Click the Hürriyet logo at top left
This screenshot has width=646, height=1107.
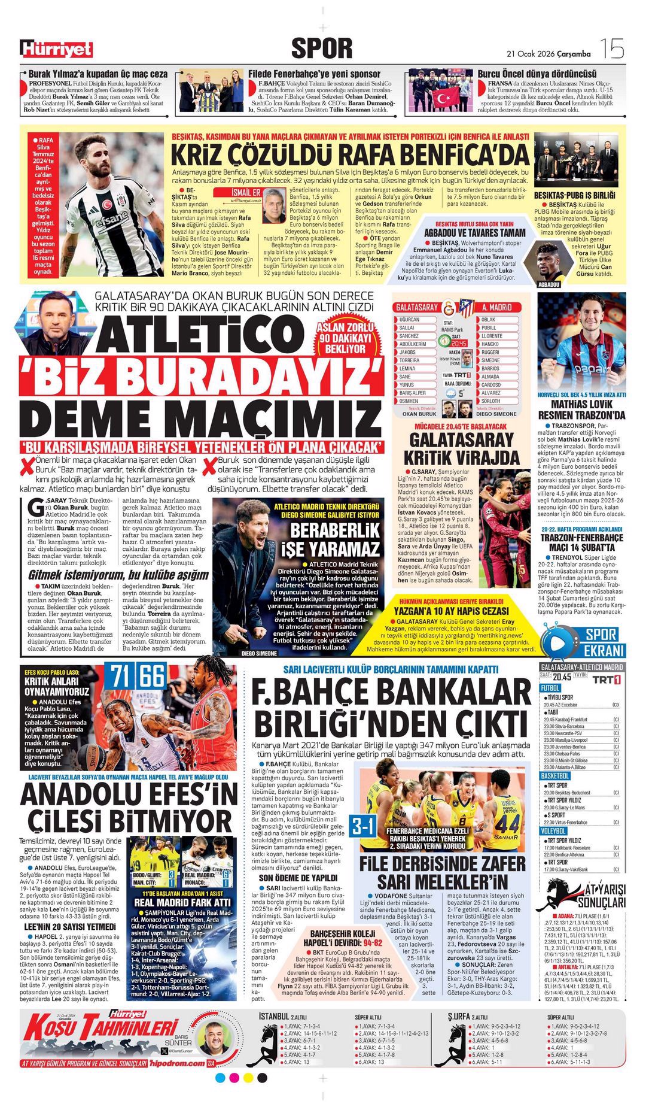click(x=56, y=49)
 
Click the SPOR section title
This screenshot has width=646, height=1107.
click(x=322, y=48)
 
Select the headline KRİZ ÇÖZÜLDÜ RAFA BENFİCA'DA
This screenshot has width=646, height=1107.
click(x=350, y=154)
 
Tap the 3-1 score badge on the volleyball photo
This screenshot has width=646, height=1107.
click(x=363, y=826)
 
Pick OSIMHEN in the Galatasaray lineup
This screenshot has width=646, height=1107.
click(x=409, y=401)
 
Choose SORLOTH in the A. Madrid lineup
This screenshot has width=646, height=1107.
click(x=490, y=401)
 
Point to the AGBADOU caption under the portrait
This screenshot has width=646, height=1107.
click(x=549, y=285)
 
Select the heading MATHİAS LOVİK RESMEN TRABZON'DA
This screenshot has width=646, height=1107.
click(x=580, y=410)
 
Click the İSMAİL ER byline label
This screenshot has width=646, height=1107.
click(x=245, y=192)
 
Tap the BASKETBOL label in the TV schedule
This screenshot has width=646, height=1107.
click(x=554, y=775)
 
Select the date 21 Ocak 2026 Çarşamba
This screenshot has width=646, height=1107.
click(x=549, y=54)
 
